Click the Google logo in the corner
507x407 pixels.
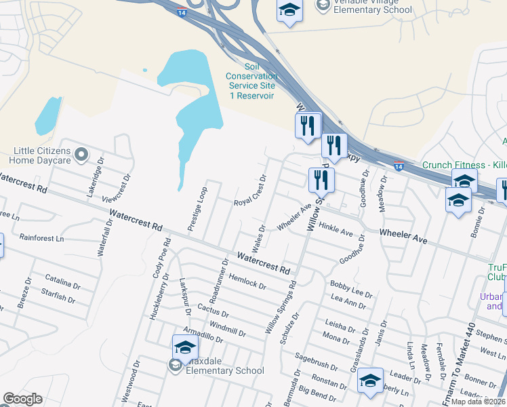[23, 399]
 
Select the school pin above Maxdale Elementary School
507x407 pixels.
[185, 348]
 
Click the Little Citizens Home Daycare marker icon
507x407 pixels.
[81, 155]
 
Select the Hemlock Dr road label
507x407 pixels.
[247, 282]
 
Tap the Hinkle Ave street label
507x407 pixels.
[336, 230]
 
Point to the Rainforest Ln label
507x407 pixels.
[41, 238]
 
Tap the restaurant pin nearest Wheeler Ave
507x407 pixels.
[320, 180]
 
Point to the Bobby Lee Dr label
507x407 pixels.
[351, 288]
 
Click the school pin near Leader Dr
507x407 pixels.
[370, 381]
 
